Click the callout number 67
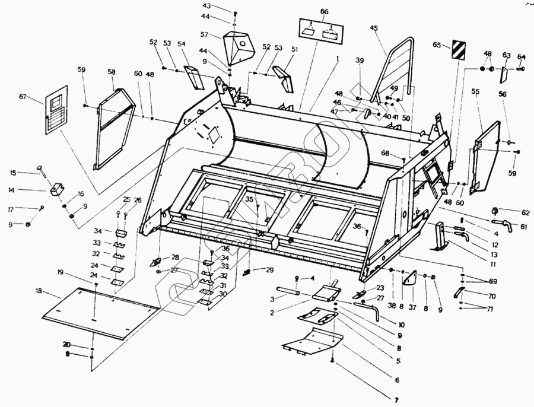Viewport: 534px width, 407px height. tap(23, 97)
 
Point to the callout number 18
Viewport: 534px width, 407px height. tap(39, 291)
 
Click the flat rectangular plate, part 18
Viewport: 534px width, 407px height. tap(101, 312)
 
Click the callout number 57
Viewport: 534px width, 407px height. tap(204, 35)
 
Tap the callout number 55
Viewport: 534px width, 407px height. tap(475, 91)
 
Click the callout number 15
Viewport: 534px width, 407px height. tap(13, 173)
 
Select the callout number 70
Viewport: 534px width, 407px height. tap(492, 295)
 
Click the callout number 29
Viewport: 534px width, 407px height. tap(270, 270)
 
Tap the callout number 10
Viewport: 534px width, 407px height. tap(402, 325)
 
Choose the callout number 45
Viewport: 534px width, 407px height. tap(374, 28)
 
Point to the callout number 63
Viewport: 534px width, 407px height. tap(506, 55)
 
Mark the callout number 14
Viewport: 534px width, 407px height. tap(11, 190)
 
